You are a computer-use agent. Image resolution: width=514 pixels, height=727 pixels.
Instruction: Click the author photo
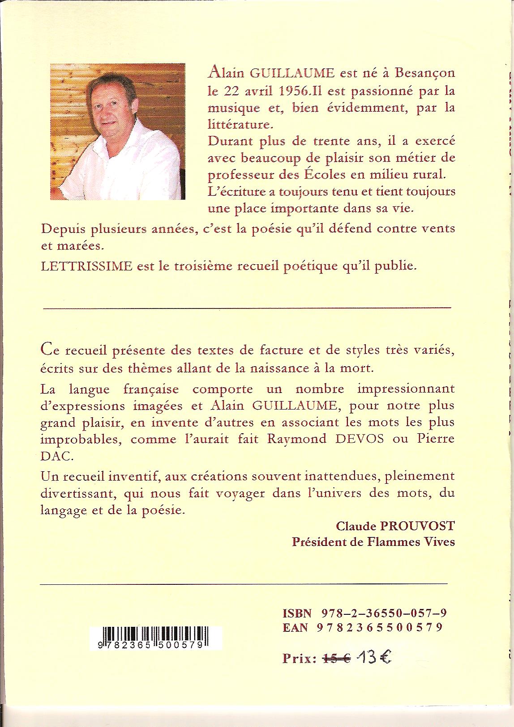(117, 131)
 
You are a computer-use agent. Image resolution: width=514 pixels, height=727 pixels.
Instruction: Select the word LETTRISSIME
(86, 266)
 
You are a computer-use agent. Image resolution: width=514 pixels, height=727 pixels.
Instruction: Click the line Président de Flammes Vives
(373, 542)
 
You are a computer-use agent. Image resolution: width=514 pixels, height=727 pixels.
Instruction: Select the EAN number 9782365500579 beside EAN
(379, 628)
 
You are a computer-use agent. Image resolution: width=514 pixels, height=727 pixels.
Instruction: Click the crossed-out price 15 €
(337, 658)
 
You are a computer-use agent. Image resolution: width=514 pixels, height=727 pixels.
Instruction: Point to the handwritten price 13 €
(373, 657)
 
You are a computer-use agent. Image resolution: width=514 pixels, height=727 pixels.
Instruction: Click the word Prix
(299, 659)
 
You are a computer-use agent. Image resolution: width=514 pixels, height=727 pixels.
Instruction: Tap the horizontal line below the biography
(247, 308)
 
